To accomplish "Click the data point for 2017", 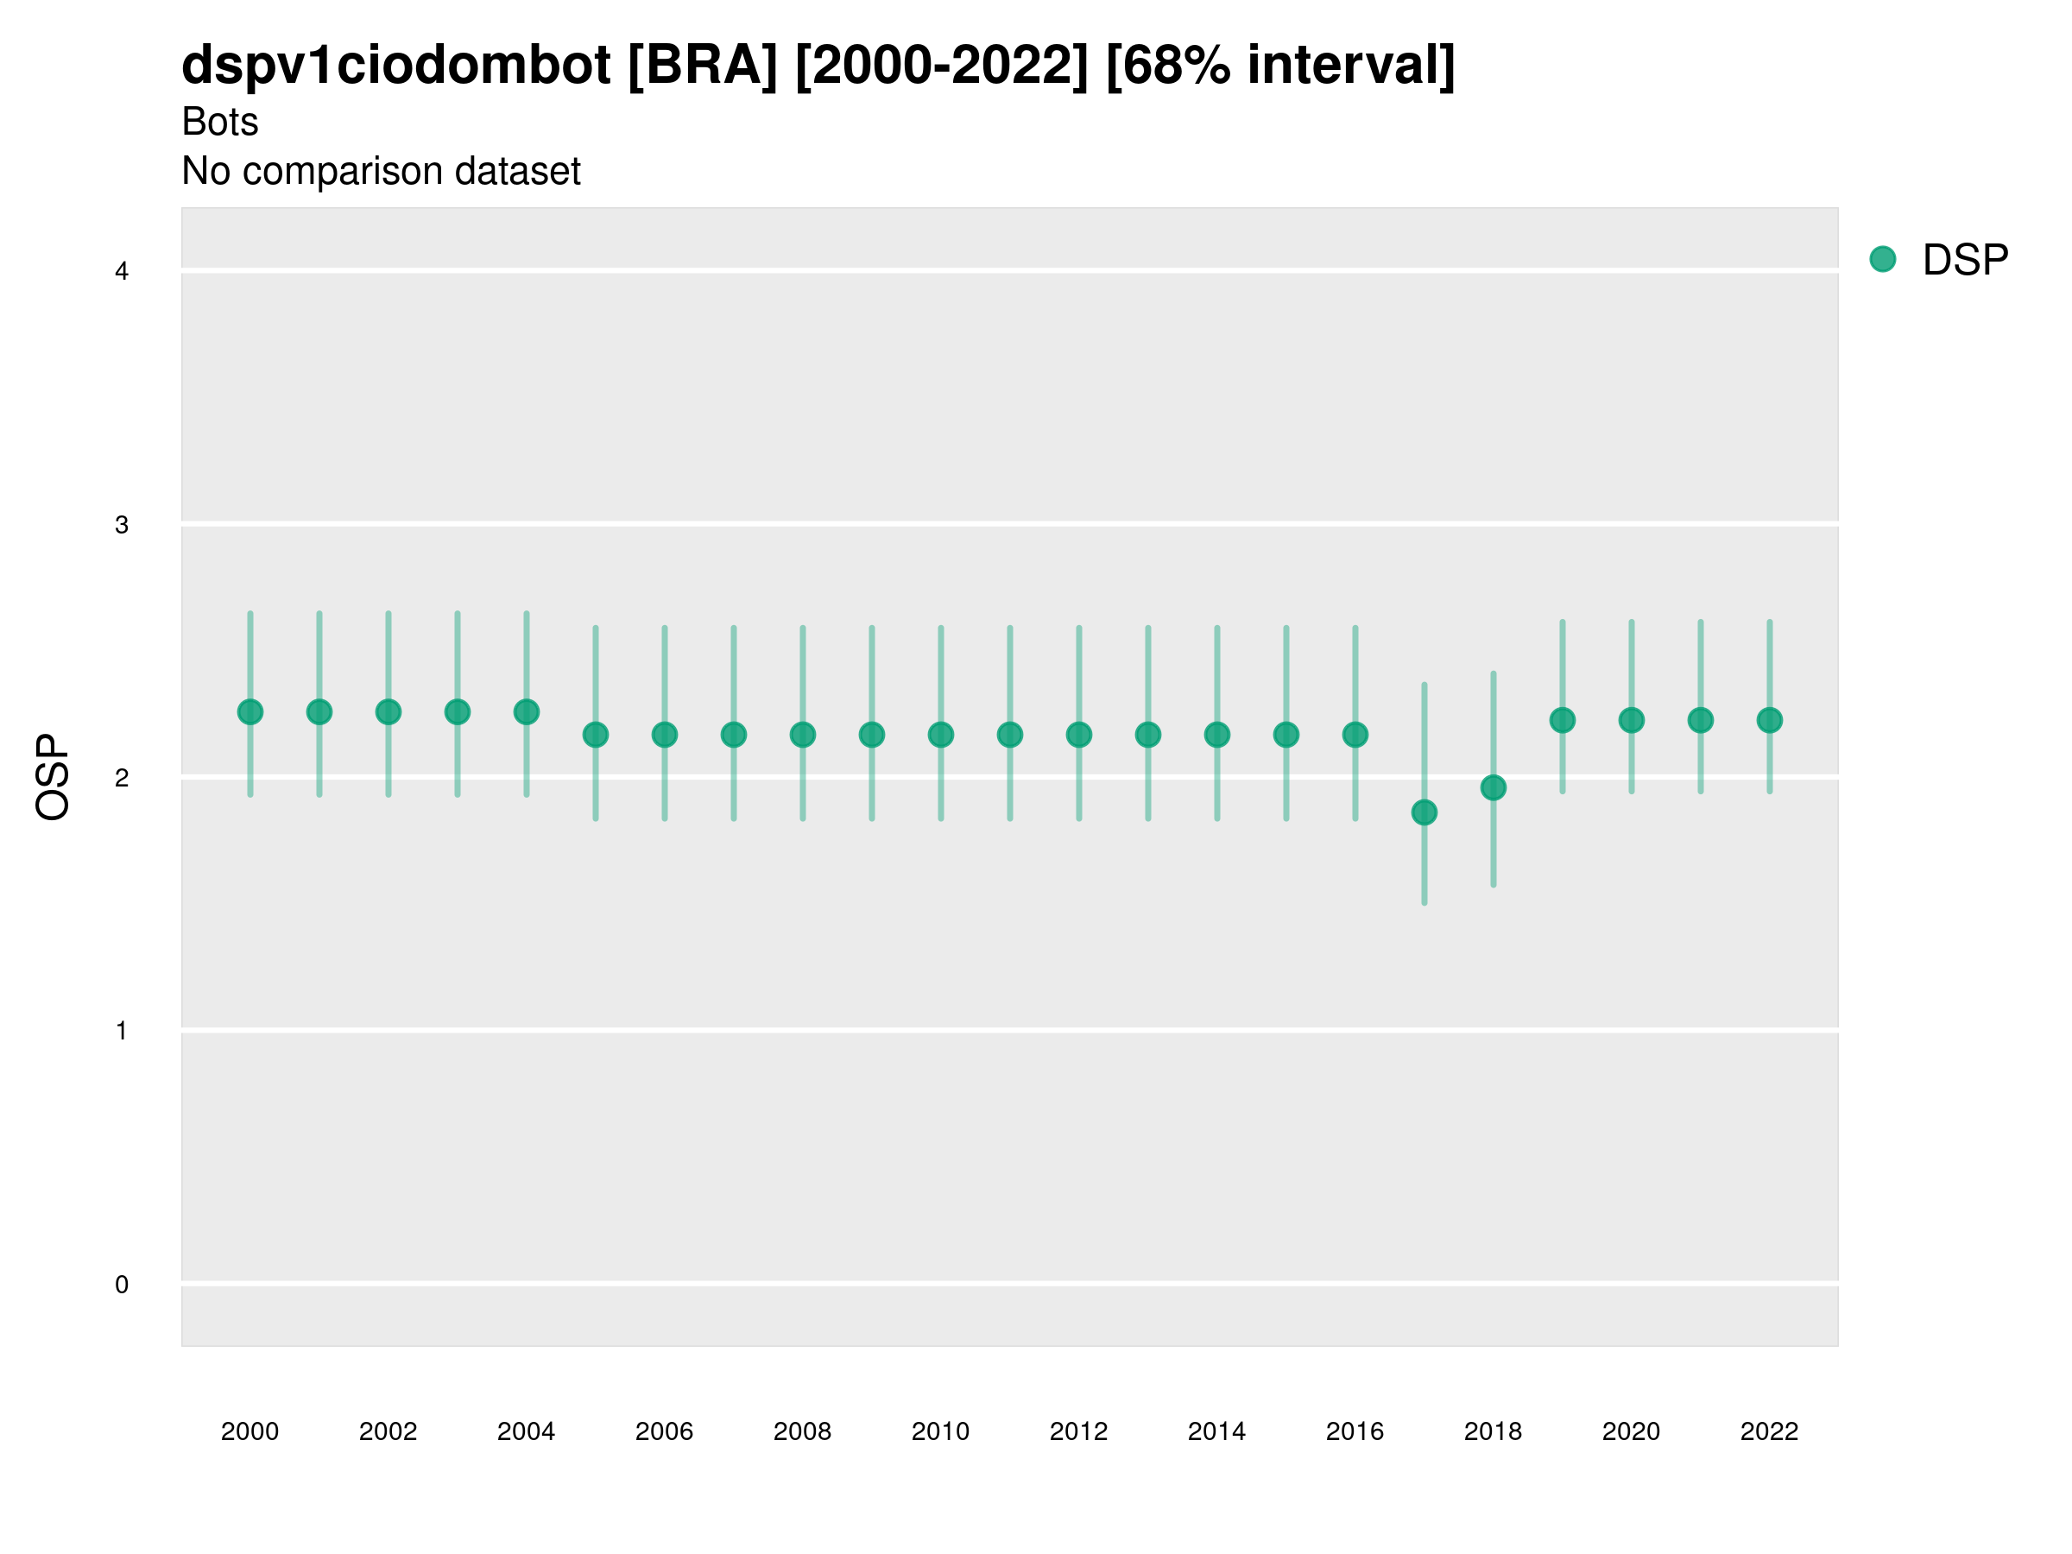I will tap(1424, 812).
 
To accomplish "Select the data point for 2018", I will tap(1493, 787).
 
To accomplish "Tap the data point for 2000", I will tap(250, 712).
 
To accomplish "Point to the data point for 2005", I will tap(596, 736).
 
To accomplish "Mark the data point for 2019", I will tap(1563, 720).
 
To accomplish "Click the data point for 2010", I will tap(940, 736).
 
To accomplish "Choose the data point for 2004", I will tap(527, 712).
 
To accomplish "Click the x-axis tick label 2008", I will tap(803, 1431).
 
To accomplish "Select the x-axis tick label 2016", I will tap(1355, 1431).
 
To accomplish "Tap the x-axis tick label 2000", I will tap(250, 1431).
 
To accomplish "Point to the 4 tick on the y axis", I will tap(122, 272).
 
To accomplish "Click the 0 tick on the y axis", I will tap(122, 1285).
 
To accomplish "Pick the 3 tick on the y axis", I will tap(122, 525).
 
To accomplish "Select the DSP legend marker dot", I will tap(1883, 260).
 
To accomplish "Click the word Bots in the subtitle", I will tap(220, 122).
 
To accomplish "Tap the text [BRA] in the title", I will tap(703, 66).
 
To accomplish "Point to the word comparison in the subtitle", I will tap(343, 172).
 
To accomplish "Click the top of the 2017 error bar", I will tap(1424, 685).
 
